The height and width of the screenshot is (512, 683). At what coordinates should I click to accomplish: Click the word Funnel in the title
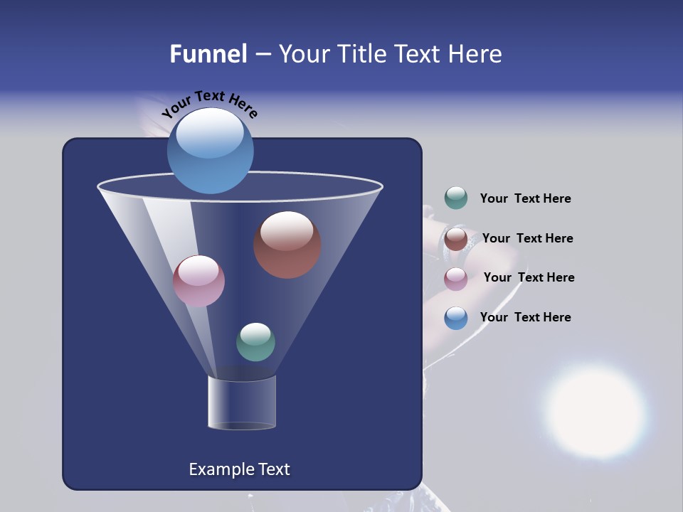click(208, 54)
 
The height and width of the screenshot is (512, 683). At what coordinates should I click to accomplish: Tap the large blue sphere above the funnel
click(210, 151)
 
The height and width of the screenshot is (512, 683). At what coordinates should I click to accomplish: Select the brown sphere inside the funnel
click(287, 245)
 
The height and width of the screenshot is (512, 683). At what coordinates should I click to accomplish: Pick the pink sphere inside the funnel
click(198, 281)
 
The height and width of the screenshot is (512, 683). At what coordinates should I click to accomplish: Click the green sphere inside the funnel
click(255, 342)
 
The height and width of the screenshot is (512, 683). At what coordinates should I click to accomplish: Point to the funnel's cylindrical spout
click(242, 402)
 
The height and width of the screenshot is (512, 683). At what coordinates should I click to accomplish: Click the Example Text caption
click(239, 469)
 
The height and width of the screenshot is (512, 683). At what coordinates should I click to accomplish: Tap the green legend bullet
click(456, 198)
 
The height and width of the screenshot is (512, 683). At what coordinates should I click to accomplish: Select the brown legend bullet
click(456, 238)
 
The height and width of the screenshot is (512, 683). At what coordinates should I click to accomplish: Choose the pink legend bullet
click(456, 279)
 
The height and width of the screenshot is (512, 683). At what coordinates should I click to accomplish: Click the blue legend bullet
click(456, 318)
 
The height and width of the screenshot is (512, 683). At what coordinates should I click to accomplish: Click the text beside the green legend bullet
click(525, 199)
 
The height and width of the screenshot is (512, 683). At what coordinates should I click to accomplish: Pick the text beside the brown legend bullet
click(527, 238)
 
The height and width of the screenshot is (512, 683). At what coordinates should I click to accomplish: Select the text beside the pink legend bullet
click(529, 277)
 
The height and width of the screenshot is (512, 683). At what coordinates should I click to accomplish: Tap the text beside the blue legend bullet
click(525, 317)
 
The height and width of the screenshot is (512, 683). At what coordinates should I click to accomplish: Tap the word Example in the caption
click(220, 469)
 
